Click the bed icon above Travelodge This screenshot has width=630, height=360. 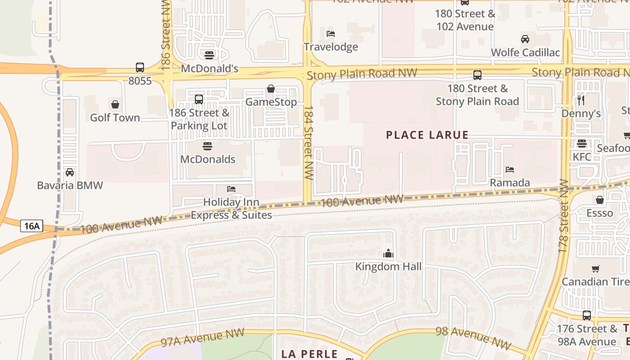[331, 34]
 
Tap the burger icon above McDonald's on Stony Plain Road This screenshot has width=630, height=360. [209, 55]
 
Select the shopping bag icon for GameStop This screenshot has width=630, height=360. [271, 89]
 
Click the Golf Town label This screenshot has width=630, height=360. [115, 117]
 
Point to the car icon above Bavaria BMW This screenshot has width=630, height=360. [70, 172]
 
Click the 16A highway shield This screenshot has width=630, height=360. [31, 226]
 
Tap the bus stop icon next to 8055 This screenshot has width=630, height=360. [140, 67]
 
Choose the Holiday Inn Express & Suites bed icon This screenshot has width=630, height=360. [231, 189]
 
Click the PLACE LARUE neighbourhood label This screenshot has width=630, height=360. [427, 135]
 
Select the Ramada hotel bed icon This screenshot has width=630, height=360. [510, 170]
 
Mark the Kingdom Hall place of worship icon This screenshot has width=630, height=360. [388, 253]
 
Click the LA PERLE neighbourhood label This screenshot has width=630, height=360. [310, 354]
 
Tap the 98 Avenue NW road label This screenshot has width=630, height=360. [473, 338]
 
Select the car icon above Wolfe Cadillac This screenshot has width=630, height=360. [525, 39]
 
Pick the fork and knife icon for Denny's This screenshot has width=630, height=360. [581, 100]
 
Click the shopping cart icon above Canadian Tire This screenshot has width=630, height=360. [596, 269]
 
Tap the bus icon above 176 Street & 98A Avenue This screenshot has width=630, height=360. [587, 315]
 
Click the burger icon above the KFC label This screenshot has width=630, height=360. [582, 144]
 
